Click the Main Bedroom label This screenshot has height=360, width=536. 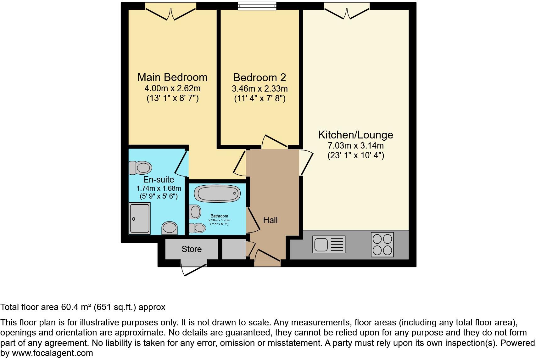pos(172,77)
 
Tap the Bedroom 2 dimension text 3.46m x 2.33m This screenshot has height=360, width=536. pos(260,89)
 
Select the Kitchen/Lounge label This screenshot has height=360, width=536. pos(355,135)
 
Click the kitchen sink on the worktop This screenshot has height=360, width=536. pos(329,244)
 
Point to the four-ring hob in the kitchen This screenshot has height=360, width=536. pos(382,245)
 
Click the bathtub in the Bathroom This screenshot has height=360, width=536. pos(217,193)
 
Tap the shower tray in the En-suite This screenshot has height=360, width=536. pos(140,218)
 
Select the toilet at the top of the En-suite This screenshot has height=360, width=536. pos(140,167)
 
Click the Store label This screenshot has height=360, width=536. pos(192,249)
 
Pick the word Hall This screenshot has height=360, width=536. pos(270,220)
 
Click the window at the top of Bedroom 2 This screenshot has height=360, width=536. pos(257,6)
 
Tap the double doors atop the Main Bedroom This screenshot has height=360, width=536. pos(171,13)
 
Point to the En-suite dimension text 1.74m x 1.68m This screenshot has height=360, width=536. pos(159,188)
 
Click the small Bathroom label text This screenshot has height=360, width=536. pos(219,216)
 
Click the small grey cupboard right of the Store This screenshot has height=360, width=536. pos(234,249)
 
